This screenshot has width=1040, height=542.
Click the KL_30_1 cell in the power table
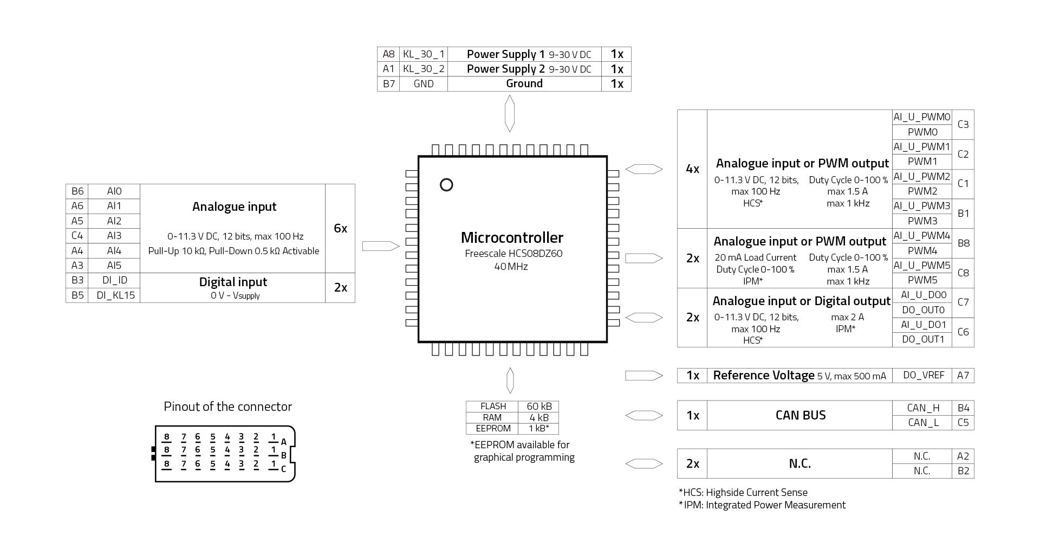[x=424, y=54]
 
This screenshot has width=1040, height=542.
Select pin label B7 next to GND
[x=388, y=83]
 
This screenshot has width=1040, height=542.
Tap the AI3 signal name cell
[x=114, y=236]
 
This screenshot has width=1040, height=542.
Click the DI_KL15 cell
[x=115, y=295]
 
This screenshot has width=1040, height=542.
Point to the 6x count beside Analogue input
[x=340, y=228]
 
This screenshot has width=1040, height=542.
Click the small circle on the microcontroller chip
[x=446, y=185]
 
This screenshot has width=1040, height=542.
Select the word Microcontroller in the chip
[x=512, y=237]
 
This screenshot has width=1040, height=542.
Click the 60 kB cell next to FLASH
[x=539, y=406]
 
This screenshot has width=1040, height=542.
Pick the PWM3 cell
[x=922, y=221]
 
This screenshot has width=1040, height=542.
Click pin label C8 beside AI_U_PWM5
[x=963, y=273]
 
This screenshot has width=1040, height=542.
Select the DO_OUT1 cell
[x=923, y=339]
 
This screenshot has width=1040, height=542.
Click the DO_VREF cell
[x=923, y=375]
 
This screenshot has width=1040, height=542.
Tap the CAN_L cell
[x=923, y=422]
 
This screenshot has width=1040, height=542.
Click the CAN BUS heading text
[x=800, y=415]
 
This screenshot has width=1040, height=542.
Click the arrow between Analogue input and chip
[x=380, y=246]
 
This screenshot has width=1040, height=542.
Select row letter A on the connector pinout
[x=284, y=442]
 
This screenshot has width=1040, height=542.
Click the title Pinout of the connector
[x=227, y=406]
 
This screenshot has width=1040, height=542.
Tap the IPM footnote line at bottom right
[x=762, y=505]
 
